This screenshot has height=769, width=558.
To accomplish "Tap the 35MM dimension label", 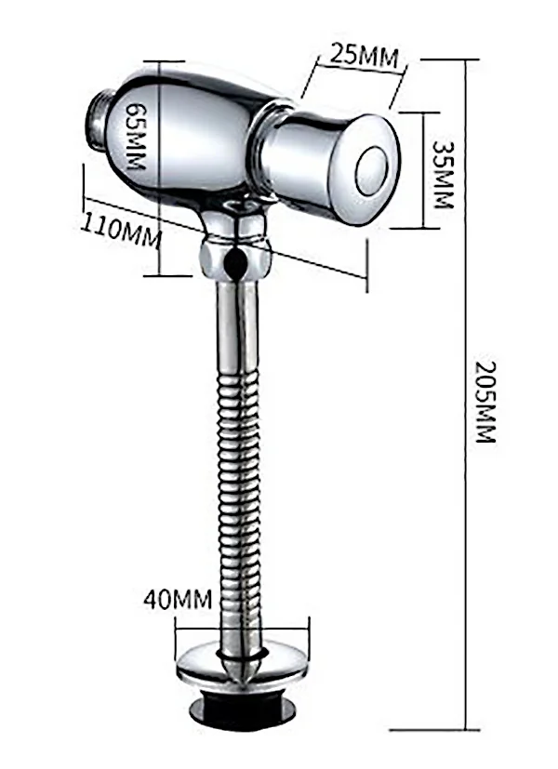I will [x=443, y=173].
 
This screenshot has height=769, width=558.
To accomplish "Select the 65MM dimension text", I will [x=136, y=136].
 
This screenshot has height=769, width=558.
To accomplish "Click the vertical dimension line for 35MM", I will [x=424, y=171].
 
